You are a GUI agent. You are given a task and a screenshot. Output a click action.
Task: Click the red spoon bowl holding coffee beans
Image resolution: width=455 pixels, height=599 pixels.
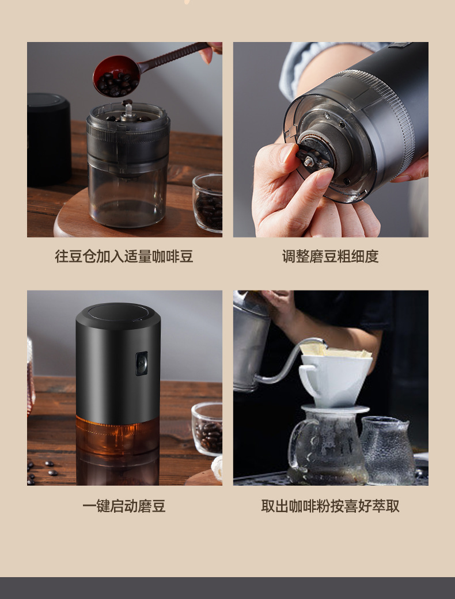(x=116, y=76)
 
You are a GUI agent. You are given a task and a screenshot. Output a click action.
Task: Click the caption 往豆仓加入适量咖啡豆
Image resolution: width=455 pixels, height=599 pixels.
(x=124, y=256)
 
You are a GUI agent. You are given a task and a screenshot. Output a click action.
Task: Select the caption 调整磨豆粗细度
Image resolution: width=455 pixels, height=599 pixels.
(x=331, y=256)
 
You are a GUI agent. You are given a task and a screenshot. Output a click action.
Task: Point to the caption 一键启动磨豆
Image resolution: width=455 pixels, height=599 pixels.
(x=124, y=506)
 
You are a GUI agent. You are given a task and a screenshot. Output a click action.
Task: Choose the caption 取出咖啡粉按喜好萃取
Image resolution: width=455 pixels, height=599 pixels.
(x=331, y=506)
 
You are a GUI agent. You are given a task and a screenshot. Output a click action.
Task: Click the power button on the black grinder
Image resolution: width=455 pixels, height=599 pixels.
(x=142, y=363)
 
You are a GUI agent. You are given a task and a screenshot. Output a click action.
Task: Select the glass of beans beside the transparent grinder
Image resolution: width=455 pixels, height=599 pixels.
(x=207, y=203)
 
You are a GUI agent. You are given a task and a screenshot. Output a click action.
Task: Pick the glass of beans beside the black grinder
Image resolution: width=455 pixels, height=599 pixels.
(x=207, y=429)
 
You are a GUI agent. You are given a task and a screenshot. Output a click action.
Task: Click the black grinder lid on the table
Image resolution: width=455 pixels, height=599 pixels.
(x=48, y=139)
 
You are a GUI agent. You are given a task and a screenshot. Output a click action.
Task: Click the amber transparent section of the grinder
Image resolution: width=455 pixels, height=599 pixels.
(x=117, y=436)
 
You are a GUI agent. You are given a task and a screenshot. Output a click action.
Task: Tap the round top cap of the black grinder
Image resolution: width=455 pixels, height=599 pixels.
(x=118, y=313)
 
